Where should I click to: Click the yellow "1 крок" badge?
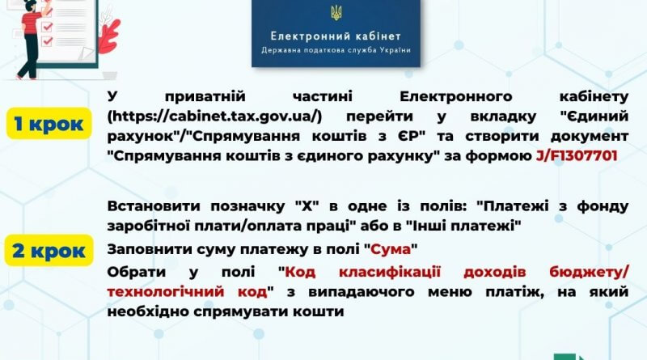(x=49, y=124)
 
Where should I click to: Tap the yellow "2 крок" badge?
(x=49, y=250)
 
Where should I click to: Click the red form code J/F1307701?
(x=577, y=155)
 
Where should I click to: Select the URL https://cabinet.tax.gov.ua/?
(x=214, y=116)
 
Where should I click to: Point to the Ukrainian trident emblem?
(x=336, y=12)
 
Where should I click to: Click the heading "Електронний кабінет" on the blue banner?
(x=336, y=36)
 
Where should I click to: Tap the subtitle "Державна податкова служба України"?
(x=336, y=50)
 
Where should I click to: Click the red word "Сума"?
(x=391, y=249)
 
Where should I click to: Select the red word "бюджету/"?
(x=589, y=272)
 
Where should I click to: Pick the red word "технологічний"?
(x=166, y=291)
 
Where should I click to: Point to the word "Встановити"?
(x=154, y=205)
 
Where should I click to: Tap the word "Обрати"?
(x=137, y=272)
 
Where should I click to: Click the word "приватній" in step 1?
(x=205, y=96)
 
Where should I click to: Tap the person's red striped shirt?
(x=32, y=23)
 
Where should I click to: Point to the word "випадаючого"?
(x=362, y=292)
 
